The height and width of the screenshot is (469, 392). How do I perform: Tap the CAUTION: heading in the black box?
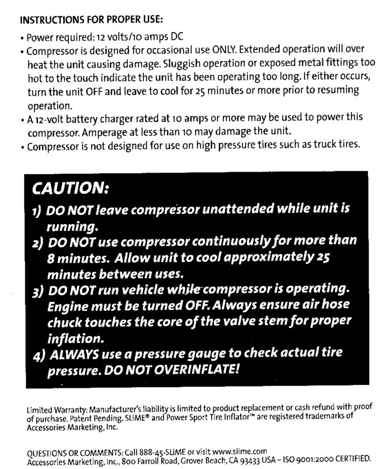coord(72,186)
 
